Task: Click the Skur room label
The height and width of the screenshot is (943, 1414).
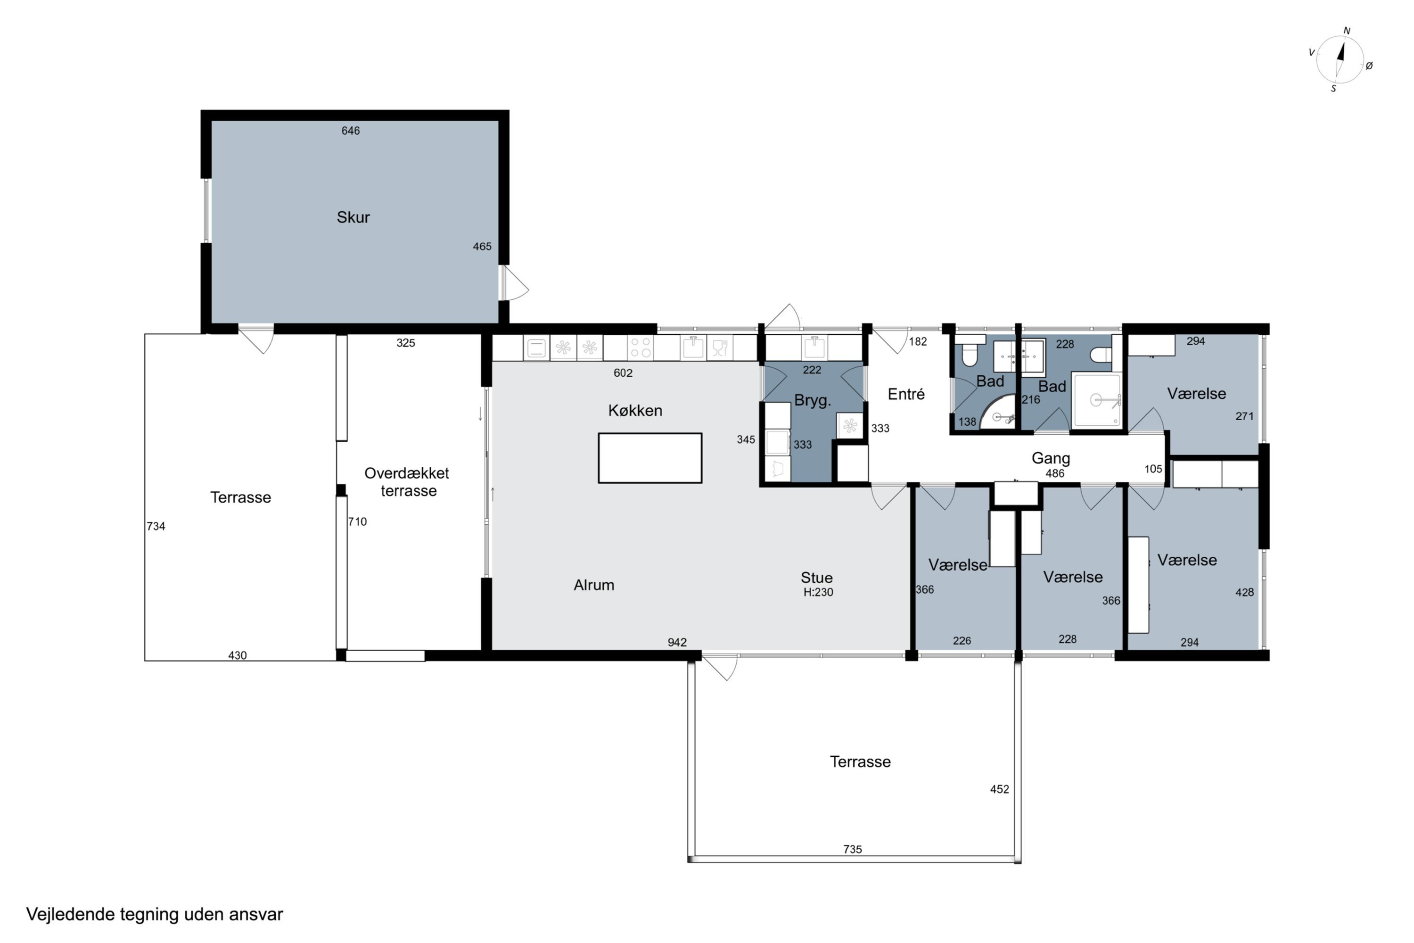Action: tap(353, 217)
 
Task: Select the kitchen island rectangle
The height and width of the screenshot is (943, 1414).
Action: tap(650, 458)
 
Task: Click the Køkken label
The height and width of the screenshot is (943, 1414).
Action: tap(635, 410)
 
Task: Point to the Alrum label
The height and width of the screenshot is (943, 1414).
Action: tap(594, 585)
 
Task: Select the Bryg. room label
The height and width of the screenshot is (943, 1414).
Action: tap(812, 400)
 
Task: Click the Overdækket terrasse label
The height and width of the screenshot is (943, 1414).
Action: tap(407, 482)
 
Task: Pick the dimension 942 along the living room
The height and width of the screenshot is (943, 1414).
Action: tap(677, 642)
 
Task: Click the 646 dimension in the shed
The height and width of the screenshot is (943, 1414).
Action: tap(351, 131)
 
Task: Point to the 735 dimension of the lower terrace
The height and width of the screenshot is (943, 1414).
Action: tap(853, 849)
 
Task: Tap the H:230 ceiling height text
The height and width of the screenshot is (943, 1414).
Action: tap(818, 592)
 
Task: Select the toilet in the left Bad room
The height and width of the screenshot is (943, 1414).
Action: tap(969, 351)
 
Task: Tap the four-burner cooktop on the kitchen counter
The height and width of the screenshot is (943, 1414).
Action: tap(641, 347)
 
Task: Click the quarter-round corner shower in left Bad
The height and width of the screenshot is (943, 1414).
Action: tap(997, 412)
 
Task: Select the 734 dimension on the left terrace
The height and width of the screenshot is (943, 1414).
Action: tap(156, 526)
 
